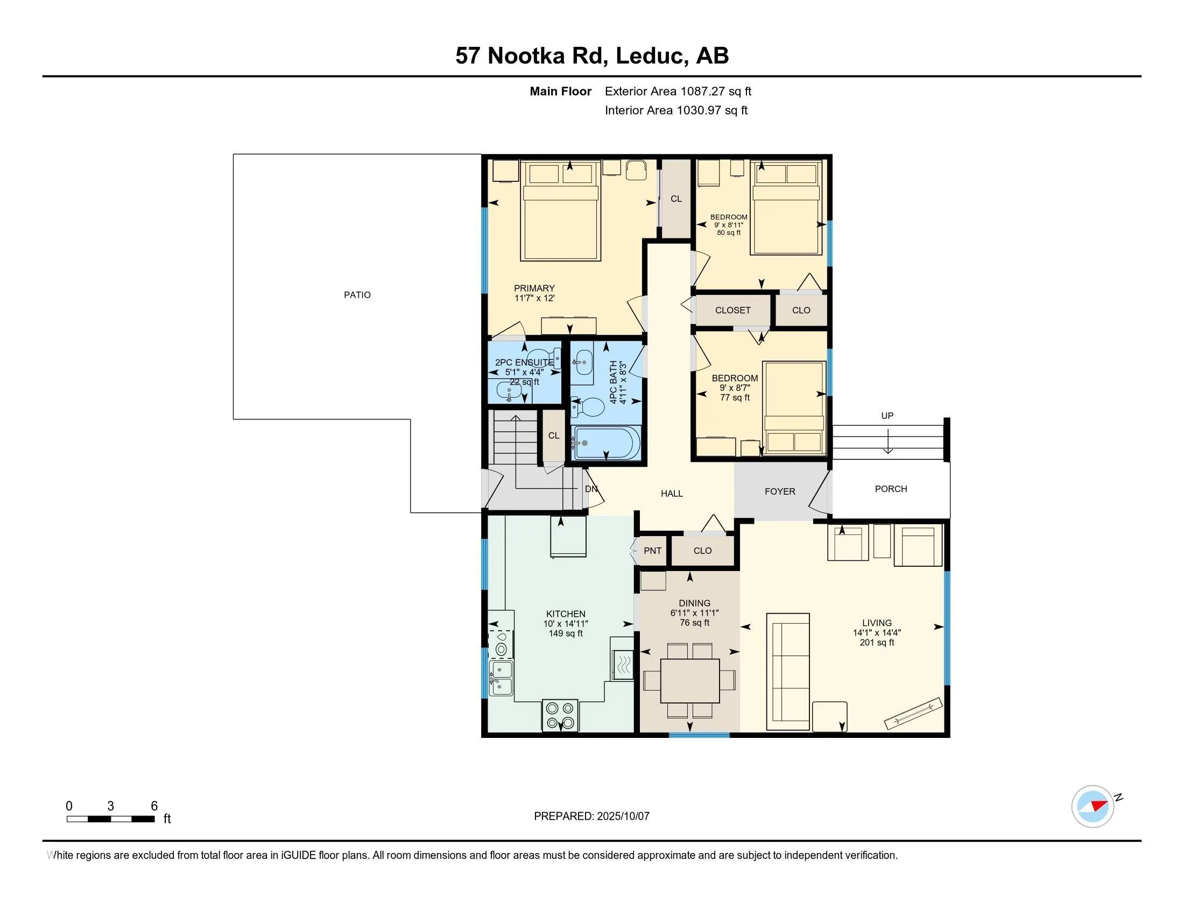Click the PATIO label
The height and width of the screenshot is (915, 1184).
(357, 295)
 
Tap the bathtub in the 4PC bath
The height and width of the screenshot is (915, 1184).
(606, 442)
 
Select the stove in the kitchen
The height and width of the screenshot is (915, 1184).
(560, 715)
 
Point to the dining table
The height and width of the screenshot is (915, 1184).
(689, 680)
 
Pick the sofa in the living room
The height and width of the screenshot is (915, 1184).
(788, 671)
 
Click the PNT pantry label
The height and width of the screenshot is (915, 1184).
(653, 551)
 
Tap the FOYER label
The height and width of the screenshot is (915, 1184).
(780, 491)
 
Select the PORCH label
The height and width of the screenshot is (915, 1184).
(891, 489)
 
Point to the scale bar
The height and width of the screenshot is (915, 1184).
(110, 819)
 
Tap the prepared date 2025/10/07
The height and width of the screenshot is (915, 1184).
(623, 817)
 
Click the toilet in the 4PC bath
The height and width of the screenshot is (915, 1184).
(588, 407)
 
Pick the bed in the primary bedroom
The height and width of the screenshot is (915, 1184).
(561, 210)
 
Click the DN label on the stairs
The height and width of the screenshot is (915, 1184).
(591, 489)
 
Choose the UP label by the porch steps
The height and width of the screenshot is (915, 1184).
(887, 416)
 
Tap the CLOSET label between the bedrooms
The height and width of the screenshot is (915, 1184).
(733, 311)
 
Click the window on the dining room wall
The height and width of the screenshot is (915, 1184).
(699, 735)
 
